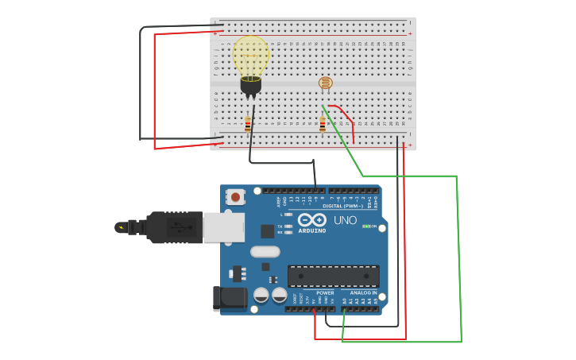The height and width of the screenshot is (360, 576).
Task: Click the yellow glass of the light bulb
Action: (250, 56)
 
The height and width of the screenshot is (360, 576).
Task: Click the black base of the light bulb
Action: (250, 85)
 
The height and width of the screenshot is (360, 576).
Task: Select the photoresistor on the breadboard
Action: (326, 83)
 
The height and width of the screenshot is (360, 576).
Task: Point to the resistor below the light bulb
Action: (248, 123)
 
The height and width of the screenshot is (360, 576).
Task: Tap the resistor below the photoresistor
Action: (323, 124)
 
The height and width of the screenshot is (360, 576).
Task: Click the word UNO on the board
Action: (345, 220)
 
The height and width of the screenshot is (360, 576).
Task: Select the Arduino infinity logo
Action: (312, 220)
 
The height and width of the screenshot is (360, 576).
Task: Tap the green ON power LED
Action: (366, 226)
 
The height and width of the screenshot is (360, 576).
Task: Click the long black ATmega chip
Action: (333, 276)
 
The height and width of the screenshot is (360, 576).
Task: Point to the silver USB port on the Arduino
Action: (223, 227)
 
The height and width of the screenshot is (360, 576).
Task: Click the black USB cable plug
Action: (174, 227)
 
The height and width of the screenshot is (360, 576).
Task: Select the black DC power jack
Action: (230, 299)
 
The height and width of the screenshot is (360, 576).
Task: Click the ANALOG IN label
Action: (363, 292)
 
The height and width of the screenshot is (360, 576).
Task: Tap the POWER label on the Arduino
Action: (325, 292)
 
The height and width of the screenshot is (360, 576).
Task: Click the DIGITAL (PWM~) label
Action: (349, 206)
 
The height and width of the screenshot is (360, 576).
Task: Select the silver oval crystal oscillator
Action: (265, 252)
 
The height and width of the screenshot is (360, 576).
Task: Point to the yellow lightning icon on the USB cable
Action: (121, 228)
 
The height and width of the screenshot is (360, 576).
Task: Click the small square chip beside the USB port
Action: (268, 231)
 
